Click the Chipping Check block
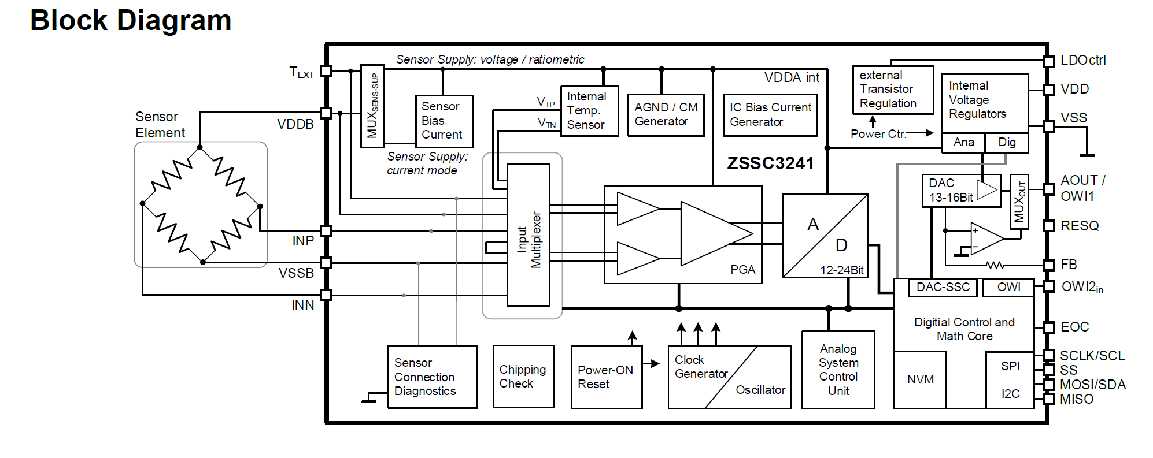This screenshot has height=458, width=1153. point(523,377)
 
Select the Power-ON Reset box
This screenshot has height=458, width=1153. point(606,377)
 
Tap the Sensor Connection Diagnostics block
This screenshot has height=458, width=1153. point(432,377)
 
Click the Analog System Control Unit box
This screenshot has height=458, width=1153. point(838,370)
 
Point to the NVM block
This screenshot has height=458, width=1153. point(920,379)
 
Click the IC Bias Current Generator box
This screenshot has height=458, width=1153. point(770,114)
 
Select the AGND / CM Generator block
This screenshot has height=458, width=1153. point(666,114)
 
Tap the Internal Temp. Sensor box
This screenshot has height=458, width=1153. point(589,110)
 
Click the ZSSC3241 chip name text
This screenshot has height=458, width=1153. point(770,163)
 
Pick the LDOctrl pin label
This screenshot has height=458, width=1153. point(1082,60)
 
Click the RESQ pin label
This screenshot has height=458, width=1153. point(1079,226)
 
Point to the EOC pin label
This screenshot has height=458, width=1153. point(1074,327)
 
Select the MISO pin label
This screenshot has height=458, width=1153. point(1076,399)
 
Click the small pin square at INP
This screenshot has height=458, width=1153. point(326,231)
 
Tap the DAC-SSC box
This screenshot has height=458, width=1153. point(943,287)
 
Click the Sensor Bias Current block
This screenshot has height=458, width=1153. point(444,121)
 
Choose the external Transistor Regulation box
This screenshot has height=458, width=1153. point(892,90)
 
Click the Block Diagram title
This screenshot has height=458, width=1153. point(131,21)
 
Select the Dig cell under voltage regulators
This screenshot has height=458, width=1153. point(1007,142)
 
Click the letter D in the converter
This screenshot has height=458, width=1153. point(841,245)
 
